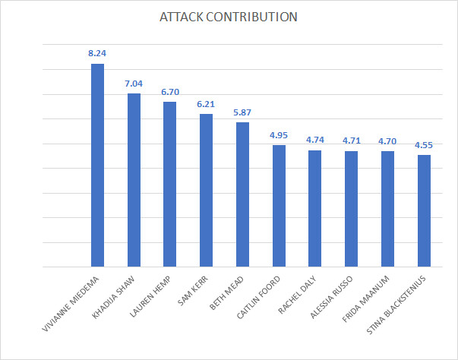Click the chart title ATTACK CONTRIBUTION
(x=229, y=17)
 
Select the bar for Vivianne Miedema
(x=97, y=166)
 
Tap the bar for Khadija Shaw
(x=134, y=180)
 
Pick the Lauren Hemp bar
(x=169, y=185)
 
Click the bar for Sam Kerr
(x=207, y=191)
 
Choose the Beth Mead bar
(x=242, y=194)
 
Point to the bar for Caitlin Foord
(x=279, y=206)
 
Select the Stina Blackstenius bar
(x=424, y=211)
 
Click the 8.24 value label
(x=97, y=53)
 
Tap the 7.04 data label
(x=134, y=84)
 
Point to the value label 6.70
(x=170, y=92)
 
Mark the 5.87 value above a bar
(x=242, y=112)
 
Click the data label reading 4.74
(x=315, y=140)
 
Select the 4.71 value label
(x=352, y=141)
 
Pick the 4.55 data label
(x=424, y=145)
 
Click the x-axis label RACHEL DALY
(x=297, y=295)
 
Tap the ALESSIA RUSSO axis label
(x=331, y=297)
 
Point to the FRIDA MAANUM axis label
(x=365, y=299)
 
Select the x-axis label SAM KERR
(x=193, y=291)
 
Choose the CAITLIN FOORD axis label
(x=258, y=297)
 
